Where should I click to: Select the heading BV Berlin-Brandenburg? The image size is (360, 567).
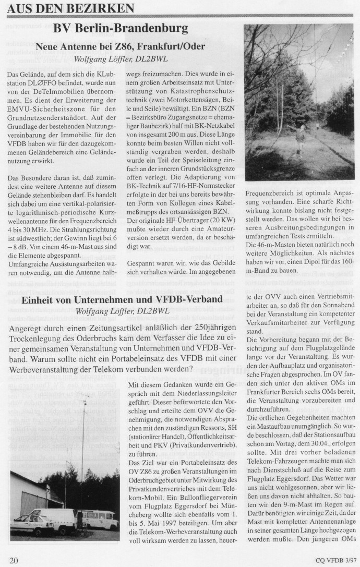tap(121, 28)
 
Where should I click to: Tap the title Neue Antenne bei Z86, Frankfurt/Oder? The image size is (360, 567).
tap(121, 46)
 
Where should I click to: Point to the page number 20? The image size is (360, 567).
tap(14, 560)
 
